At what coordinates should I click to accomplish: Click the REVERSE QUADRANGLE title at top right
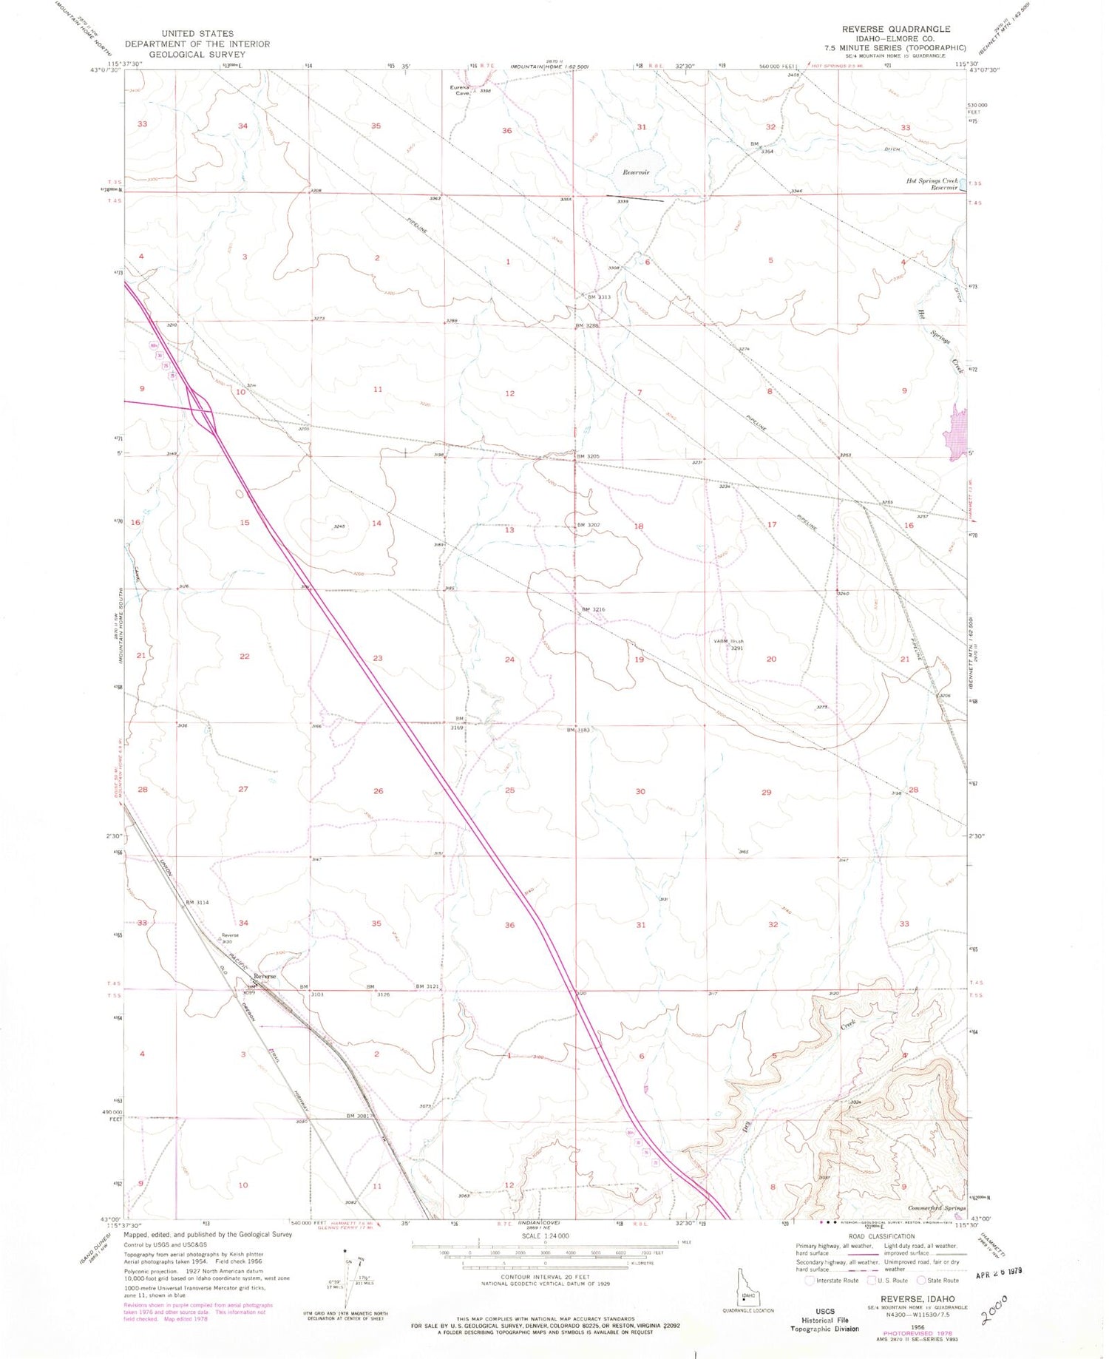pyautogui.click(x=895, y=29)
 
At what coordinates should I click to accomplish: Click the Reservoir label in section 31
pyautogui.click(x=635, y=172)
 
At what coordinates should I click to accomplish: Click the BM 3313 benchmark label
pyautogui.click(x=598, y=297)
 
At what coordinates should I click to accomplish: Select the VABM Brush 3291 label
pyautogui.click(x=728, y=645)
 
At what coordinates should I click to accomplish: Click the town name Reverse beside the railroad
pyautogui.click(x=264, y=977)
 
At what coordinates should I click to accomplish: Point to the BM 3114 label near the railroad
pyautogui.click(x=197, y=902)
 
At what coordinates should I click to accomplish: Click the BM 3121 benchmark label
pyautogui.click(x=428, y=987)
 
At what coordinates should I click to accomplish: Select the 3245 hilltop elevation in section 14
pyautogui.click(x=341, y=526)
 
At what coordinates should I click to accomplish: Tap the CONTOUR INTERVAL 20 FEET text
pyautogui.click(x=546, y=1277)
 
